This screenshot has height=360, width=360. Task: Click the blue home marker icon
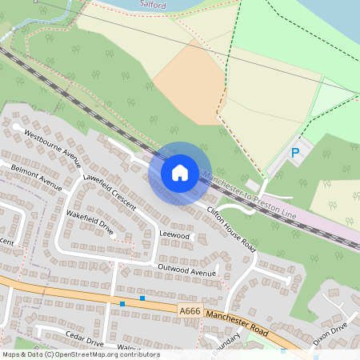click(x=180, y=172)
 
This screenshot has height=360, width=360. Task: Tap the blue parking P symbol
click(x=295, y=152)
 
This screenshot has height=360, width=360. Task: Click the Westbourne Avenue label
click(x=53, y=143)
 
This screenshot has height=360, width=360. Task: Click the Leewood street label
click(x=174, y=236)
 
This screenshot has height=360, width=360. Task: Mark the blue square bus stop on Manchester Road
click(x=142, y=298)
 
